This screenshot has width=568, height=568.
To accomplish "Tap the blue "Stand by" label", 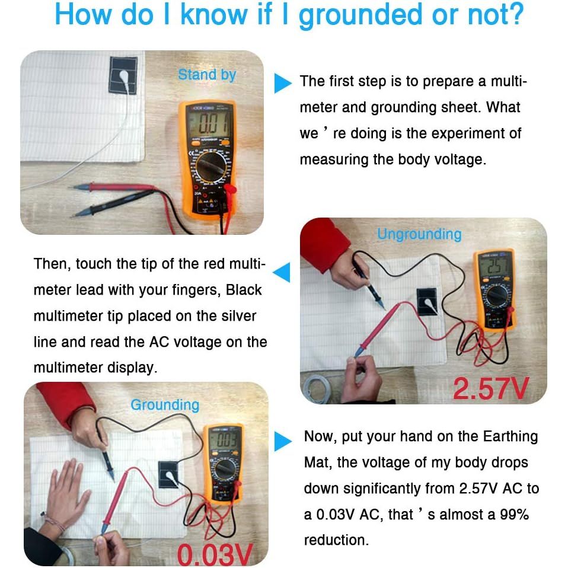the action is tap(207, 75).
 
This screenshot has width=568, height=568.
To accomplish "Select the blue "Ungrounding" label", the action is tap(420, 234).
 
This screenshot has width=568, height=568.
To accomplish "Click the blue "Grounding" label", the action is tap(165, 405).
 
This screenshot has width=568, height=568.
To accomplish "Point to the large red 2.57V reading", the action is tap(491, 388).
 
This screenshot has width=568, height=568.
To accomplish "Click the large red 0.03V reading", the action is tap(215, 554).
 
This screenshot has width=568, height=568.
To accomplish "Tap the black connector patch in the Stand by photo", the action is tap(123, 75).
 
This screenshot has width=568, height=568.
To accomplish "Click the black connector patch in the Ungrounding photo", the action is tap(428, 301).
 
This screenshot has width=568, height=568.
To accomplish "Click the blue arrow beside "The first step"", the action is tap(283, 84).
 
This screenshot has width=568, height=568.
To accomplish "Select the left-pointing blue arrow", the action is tap(282, 272).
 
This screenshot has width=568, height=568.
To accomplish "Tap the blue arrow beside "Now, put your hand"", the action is tap(283, 441).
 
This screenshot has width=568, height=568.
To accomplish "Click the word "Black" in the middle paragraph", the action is tap(244, 290).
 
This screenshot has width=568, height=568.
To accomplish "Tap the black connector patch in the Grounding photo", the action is tap(168, 475).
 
